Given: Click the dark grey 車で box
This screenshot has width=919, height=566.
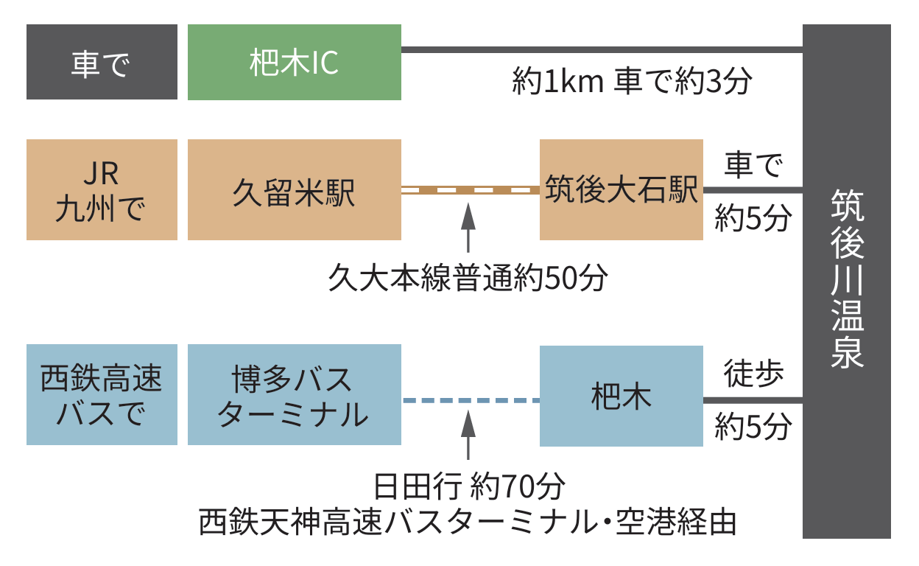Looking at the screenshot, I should tap(102, 62).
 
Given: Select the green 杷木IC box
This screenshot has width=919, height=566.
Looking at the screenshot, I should tap(294, 62).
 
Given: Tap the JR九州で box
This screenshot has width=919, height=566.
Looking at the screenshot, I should tap(102, 189).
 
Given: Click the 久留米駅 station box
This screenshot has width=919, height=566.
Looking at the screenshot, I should tap(294, 189).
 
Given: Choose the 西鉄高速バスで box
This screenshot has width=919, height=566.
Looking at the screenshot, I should tap(102, 394).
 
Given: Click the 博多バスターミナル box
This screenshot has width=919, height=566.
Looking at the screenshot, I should tap(294, 394).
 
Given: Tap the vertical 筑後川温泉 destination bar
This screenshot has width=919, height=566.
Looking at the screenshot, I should tap(846, 280).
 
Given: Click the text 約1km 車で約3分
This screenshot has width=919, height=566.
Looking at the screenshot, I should tap(632, 82).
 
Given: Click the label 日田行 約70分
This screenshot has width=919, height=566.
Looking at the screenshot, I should tap(468, 487).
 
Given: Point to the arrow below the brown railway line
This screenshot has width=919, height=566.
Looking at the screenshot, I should tap(468, 228).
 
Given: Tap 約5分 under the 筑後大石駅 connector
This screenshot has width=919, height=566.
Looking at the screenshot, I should tap(753, 218).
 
